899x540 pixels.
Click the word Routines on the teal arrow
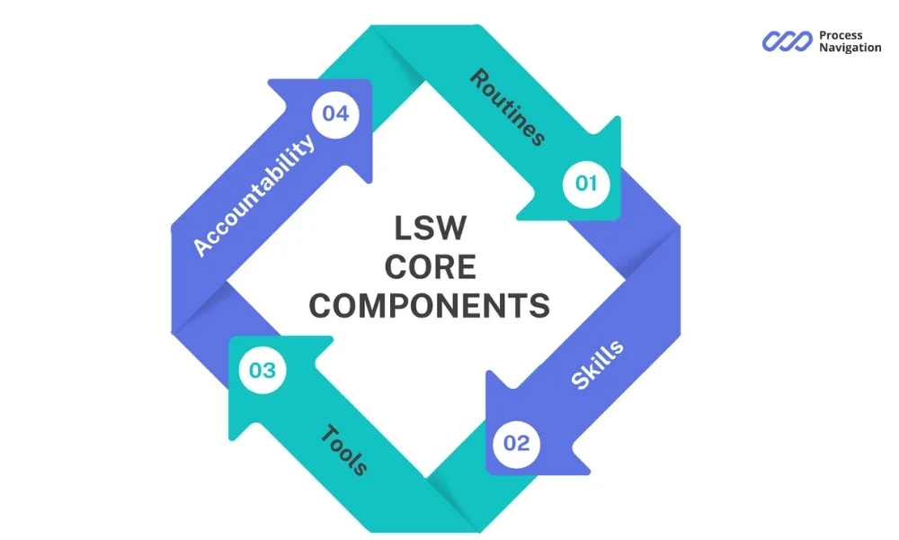(x=507, y=107)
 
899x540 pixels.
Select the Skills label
(x=597, y=365)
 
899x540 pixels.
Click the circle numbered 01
(x=586, y=184)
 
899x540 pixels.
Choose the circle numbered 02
(x=516, y=443)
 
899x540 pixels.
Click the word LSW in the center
(x=430, y=229)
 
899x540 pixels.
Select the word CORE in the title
(x=430, y=267)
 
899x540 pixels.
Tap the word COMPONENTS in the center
(x=430, y=306)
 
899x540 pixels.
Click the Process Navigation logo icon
(x=788, y=41)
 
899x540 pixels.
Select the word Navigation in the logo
(x=850, y=48)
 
